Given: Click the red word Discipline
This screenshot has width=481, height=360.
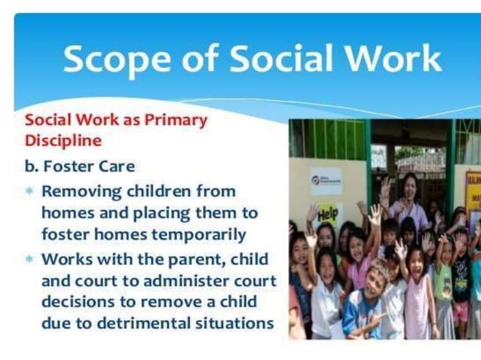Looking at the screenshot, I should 63,140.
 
